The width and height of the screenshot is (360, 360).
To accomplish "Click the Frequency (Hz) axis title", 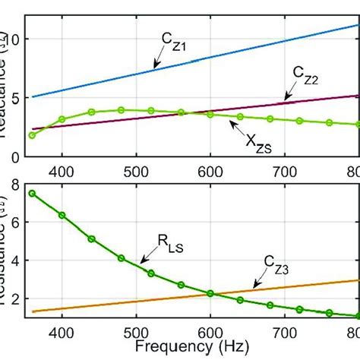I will [x=184, y=348].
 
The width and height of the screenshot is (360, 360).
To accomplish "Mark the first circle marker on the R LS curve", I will [x=32, y=193].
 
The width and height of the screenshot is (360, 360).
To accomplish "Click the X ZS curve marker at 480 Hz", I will [x=121, y=110].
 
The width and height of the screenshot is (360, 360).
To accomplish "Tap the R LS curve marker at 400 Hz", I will [x=62, y=215].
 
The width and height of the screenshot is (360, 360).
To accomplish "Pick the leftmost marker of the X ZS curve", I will [x=32, y=135].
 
